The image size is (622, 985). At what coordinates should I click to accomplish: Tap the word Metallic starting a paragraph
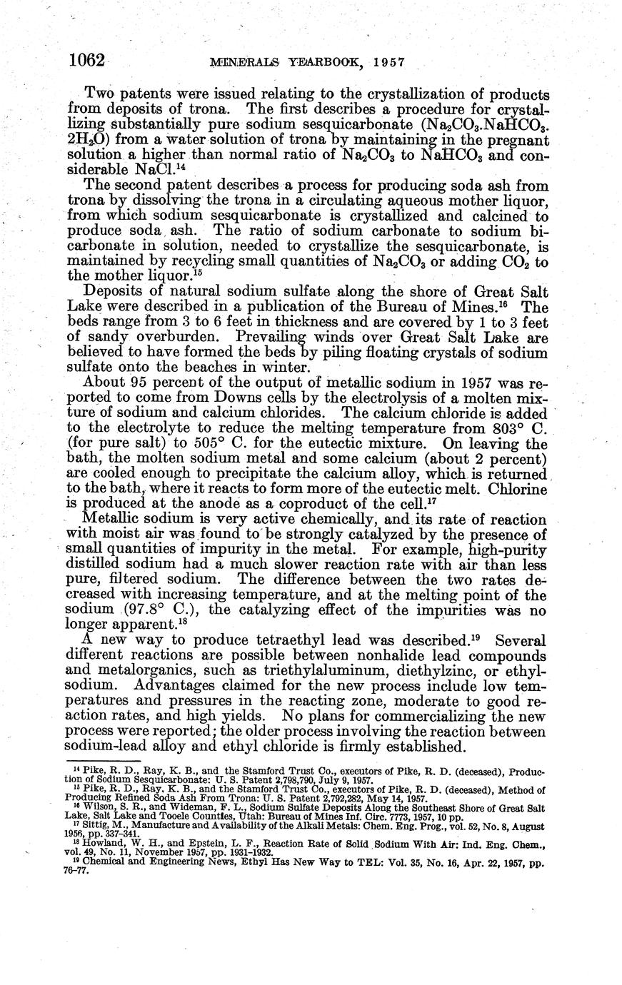(x=115, y=519)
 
